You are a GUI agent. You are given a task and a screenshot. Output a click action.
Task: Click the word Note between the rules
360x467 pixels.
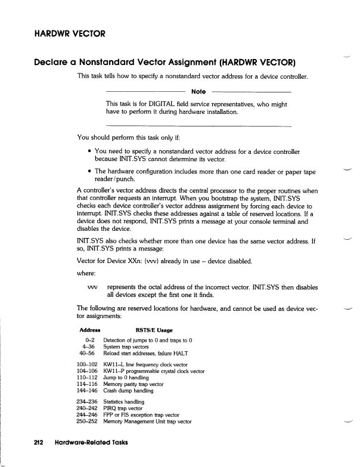[198, 91]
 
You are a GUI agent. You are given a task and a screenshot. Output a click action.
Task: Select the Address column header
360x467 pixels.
[89, 330]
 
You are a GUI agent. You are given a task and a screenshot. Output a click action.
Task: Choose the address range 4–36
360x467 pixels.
[91, 346]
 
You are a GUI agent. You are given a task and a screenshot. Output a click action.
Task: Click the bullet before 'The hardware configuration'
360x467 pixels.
[89, 172]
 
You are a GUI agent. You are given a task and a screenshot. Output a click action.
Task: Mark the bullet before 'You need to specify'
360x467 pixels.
[89, 152]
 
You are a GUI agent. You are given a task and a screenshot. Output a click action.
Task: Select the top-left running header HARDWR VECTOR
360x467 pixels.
[63, 33]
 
